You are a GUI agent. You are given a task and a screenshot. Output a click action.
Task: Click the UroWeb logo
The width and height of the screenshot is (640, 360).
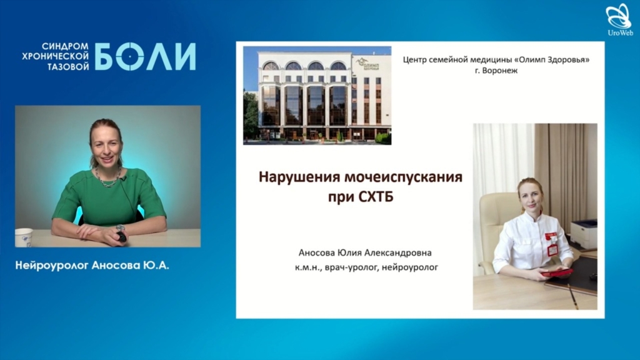point(620,19)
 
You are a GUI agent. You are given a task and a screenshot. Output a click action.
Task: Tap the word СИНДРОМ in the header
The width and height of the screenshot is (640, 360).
point(65,46)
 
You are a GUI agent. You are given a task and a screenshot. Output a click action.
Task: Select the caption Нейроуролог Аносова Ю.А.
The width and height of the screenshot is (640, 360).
point(92,265)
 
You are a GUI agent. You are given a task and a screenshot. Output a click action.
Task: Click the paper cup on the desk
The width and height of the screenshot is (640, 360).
point(24,237)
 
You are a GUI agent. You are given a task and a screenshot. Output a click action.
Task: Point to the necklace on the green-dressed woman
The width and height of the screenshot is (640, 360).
point(108,178)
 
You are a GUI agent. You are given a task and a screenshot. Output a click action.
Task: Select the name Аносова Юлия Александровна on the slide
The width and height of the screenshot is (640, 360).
point(365,252)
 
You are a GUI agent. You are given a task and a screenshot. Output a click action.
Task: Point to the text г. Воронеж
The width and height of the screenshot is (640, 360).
point(496,70)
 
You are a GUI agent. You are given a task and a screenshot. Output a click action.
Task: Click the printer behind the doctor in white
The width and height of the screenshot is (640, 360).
point(584,234)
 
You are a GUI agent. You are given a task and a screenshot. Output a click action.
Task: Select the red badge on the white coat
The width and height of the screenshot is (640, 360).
point(552,244)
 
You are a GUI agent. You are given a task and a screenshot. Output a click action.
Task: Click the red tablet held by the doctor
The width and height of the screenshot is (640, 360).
point(557,272)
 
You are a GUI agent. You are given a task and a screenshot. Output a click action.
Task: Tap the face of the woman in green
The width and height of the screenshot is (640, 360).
point(106,145)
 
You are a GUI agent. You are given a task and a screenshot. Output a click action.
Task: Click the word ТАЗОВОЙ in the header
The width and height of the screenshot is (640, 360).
point(68,66)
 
